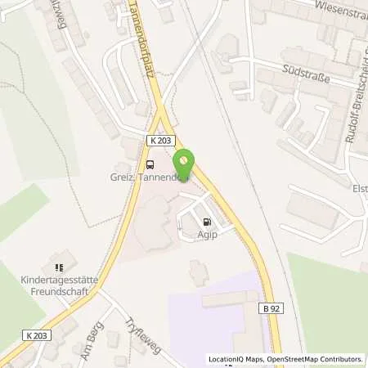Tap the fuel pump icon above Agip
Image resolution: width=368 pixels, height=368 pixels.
point(206,220)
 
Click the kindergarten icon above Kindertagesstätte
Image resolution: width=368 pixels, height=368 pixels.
point(58,267)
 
